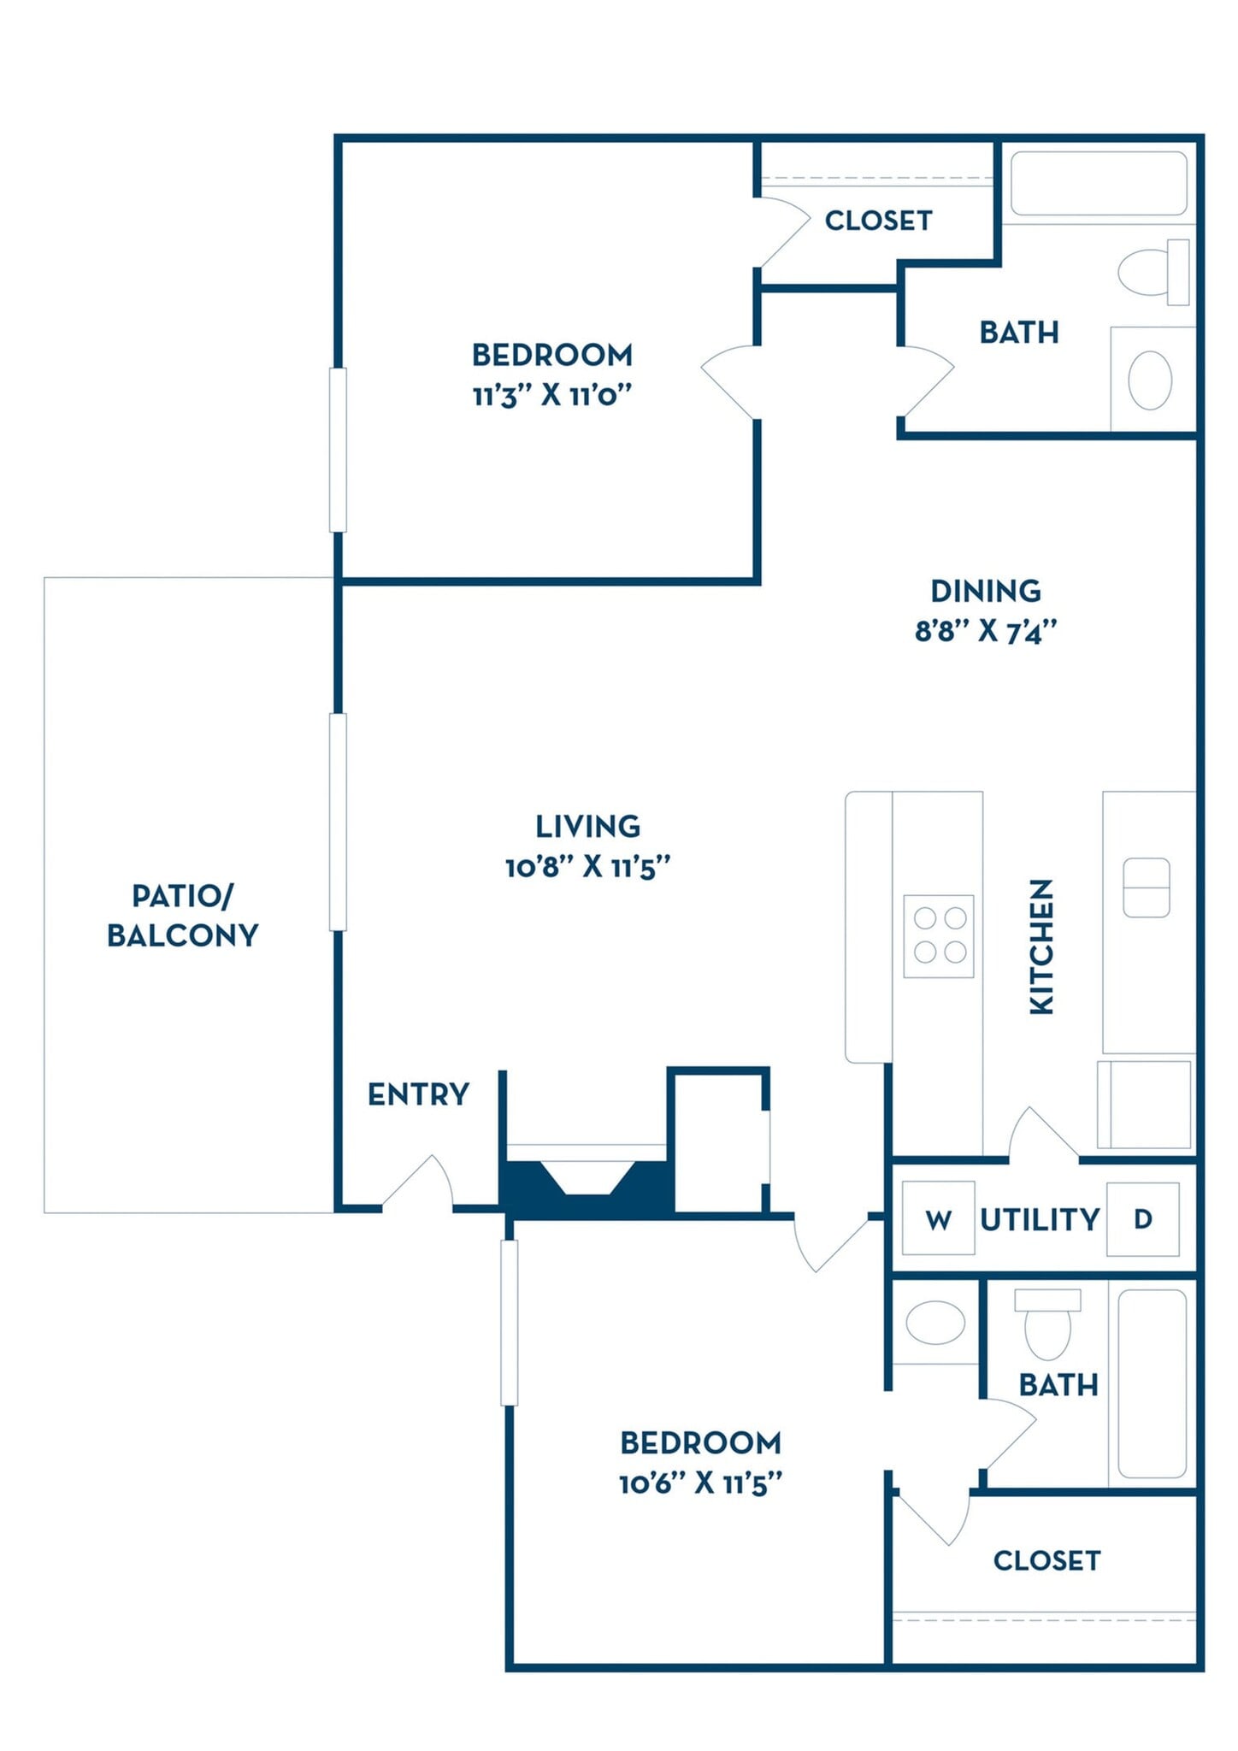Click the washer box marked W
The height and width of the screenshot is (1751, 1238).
[938, 1218]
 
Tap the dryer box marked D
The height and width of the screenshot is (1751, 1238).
[1142, 1218]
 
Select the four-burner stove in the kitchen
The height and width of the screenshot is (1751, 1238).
[939, 936]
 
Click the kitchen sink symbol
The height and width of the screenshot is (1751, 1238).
[1146, 887]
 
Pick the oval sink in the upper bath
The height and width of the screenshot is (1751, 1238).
[1150, 380]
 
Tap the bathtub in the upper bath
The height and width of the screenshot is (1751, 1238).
[1099, 184]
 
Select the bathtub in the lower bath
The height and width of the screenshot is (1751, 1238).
[1152, 1384]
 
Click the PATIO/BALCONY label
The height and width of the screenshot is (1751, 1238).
[182, 916]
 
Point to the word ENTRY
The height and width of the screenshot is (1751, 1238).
[418, 1094]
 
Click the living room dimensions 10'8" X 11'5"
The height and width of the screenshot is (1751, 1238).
[587, 868]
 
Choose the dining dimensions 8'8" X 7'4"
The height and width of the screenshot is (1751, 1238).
[985, 632]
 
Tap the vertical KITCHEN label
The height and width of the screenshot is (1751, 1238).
[1041, 946]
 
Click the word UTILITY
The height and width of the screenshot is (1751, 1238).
[1040, 1219]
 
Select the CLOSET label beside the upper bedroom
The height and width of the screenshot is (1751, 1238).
[878, 221]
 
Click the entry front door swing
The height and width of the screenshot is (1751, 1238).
[418, 1184]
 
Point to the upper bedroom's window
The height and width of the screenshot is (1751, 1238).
[338, 450]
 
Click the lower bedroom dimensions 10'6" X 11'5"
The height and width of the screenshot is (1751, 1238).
[700, 1483]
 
